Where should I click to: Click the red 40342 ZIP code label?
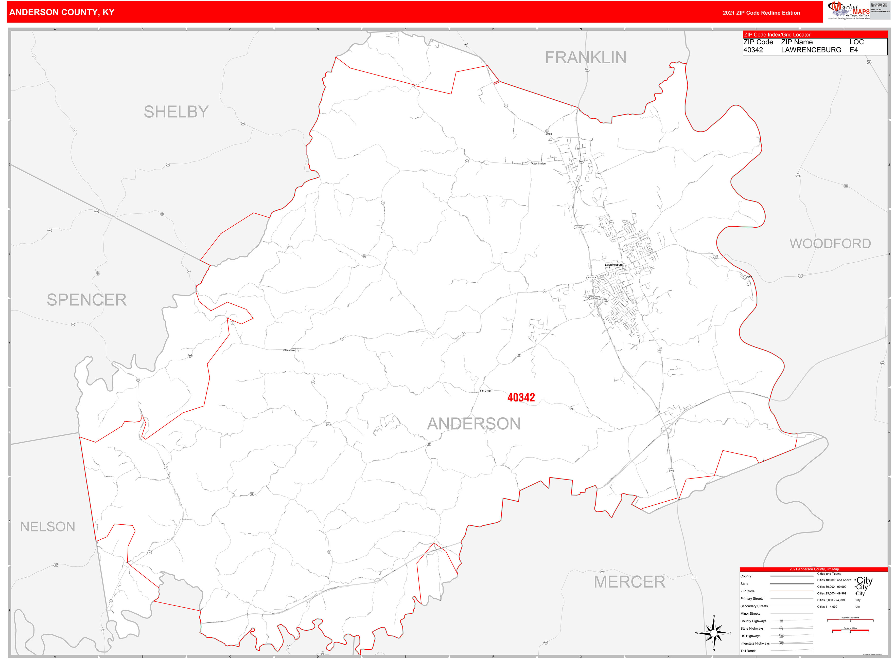(521, 397)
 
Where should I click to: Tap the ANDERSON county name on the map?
(474, 424)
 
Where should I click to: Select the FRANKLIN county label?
(585, 58)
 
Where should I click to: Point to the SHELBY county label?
(176, 112)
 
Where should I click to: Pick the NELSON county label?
(47, 526)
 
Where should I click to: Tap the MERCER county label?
(629, 582)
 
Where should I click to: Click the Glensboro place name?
(289, 350)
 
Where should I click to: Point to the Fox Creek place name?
(485, 391)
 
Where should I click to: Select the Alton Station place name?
(538, 163)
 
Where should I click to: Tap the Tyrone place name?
(747, 277)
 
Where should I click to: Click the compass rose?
(713, 633)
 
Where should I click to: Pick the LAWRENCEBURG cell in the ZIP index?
(811, 50)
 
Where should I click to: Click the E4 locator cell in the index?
(853, 50)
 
